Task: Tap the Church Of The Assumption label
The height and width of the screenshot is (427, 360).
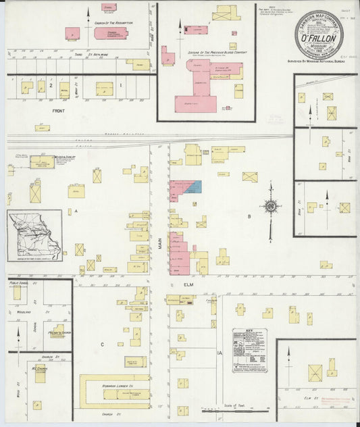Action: tap(113, 22)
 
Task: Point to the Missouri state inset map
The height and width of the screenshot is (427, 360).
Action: tap(34, 235)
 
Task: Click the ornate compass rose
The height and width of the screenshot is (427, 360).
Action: tap(270, 207)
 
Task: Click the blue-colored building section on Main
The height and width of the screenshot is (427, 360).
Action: tap(193, 186)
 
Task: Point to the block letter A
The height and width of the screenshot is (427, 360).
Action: tap(76, 211)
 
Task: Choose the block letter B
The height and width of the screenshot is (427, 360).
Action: tap(249, 216)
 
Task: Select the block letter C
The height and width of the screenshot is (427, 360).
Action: tap(103, 345)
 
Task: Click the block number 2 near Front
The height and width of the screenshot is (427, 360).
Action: tap(50, 86)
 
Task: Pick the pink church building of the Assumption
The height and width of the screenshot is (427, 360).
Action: tap(72, 32)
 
